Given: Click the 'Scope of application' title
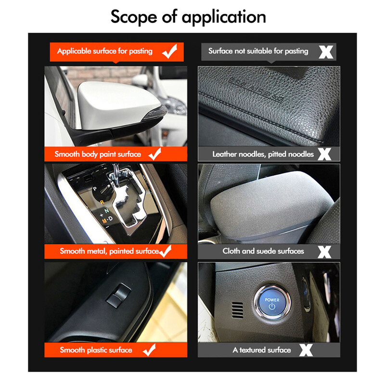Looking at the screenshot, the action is coord(188,17).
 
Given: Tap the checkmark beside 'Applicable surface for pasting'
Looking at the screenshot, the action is coord(170,51).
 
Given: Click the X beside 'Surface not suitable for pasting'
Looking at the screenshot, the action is coord(326,52).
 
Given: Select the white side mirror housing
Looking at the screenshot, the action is coord(118,105).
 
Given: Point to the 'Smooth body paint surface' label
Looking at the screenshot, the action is coord(98,154).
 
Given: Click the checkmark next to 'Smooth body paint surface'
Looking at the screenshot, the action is coord(155,154).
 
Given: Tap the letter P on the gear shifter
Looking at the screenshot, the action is coord(95,189).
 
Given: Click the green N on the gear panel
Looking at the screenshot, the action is coord(106,211).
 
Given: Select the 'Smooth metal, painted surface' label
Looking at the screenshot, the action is coord(110,251).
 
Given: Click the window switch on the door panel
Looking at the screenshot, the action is coord(118,295).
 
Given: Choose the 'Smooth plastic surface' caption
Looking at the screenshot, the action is coord(96,350).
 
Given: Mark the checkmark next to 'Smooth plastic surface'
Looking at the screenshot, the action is coord(149,350).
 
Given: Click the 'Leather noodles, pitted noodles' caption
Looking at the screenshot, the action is coord(263,154).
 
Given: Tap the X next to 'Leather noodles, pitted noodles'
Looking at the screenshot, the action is coord(324,154).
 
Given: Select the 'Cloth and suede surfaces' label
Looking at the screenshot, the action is coord(263,251).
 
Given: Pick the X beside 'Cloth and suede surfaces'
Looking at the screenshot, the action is coord(324,252).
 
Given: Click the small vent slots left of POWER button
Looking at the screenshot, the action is coord(238,310).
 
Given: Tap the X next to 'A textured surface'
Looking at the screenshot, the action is coord(306,350).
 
